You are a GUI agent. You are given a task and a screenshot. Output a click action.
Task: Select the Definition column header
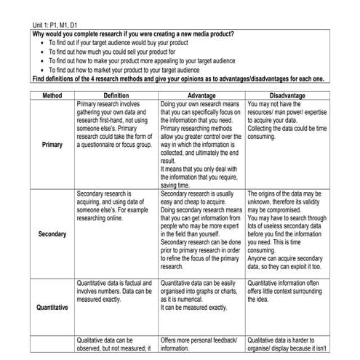tap(116, 95)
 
